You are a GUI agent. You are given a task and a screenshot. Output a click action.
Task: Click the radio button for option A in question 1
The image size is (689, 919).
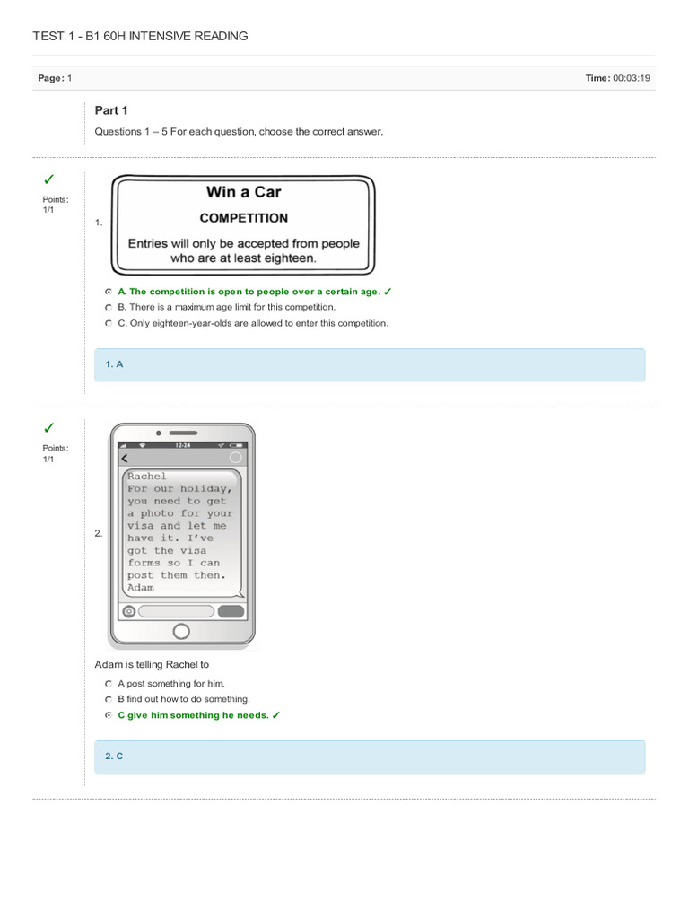(x=108, y=292)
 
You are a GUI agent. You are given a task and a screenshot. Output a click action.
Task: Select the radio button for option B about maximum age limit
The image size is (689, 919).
(x=108, y=307)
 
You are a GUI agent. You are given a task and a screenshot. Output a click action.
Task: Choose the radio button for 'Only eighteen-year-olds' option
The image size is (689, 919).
(x=108, y=323)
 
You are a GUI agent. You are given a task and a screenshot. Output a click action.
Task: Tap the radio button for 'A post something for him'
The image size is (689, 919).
(x=108, y=683)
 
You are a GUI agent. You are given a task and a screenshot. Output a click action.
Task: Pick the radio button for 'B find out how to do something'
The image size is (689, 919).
(x=108, y=699)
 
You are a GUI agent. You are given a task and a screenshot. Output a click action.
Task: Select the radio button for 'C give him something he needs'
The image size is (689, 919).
(x=108, y=715)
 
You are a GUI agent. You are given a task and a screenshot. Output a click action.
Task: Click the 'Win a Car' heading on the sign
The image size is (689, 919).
(x=243, y=191)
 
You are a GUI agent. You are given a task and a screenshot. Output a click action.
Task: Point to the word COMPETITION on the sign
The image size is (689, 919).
(x=243, y=218)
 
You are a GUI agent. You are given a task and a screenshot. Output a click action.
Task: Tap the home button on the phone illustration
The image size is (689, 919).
(x=181, y=631)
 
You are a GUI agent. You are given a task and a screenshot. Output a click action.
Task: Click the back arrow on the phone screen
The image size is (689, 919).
(x=126, y=458)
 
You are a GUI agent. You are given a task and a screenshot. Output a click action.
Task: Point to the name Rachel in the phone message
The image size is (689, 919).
(x=147, y=476)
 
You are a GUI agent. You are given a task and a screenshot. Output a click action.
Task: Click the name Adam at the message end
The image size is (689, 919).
(x=140, y=588)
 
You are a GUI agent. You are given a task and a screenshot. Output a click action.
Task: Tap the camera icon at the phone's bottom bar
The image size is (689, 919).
(x=129, y=611)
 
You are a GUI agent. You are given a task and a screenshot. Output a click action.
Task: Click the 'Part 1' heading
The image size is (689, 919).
(x=111, y=110)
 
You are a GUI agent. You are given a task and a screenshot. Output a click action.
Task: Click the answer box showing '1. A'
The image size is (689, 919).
(x=370, y=365)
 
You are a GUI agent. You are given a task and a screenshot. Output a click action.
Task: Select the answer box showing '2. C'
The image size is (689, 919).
(x=370, y=757)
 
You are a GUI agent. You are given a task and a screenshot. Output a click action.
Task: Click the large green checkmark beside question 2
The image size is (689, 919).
(x=49, y=427)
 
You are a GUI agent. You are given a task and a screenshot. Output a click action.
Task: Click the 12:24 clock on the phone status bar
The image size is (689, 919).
(x=182, y=445)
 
